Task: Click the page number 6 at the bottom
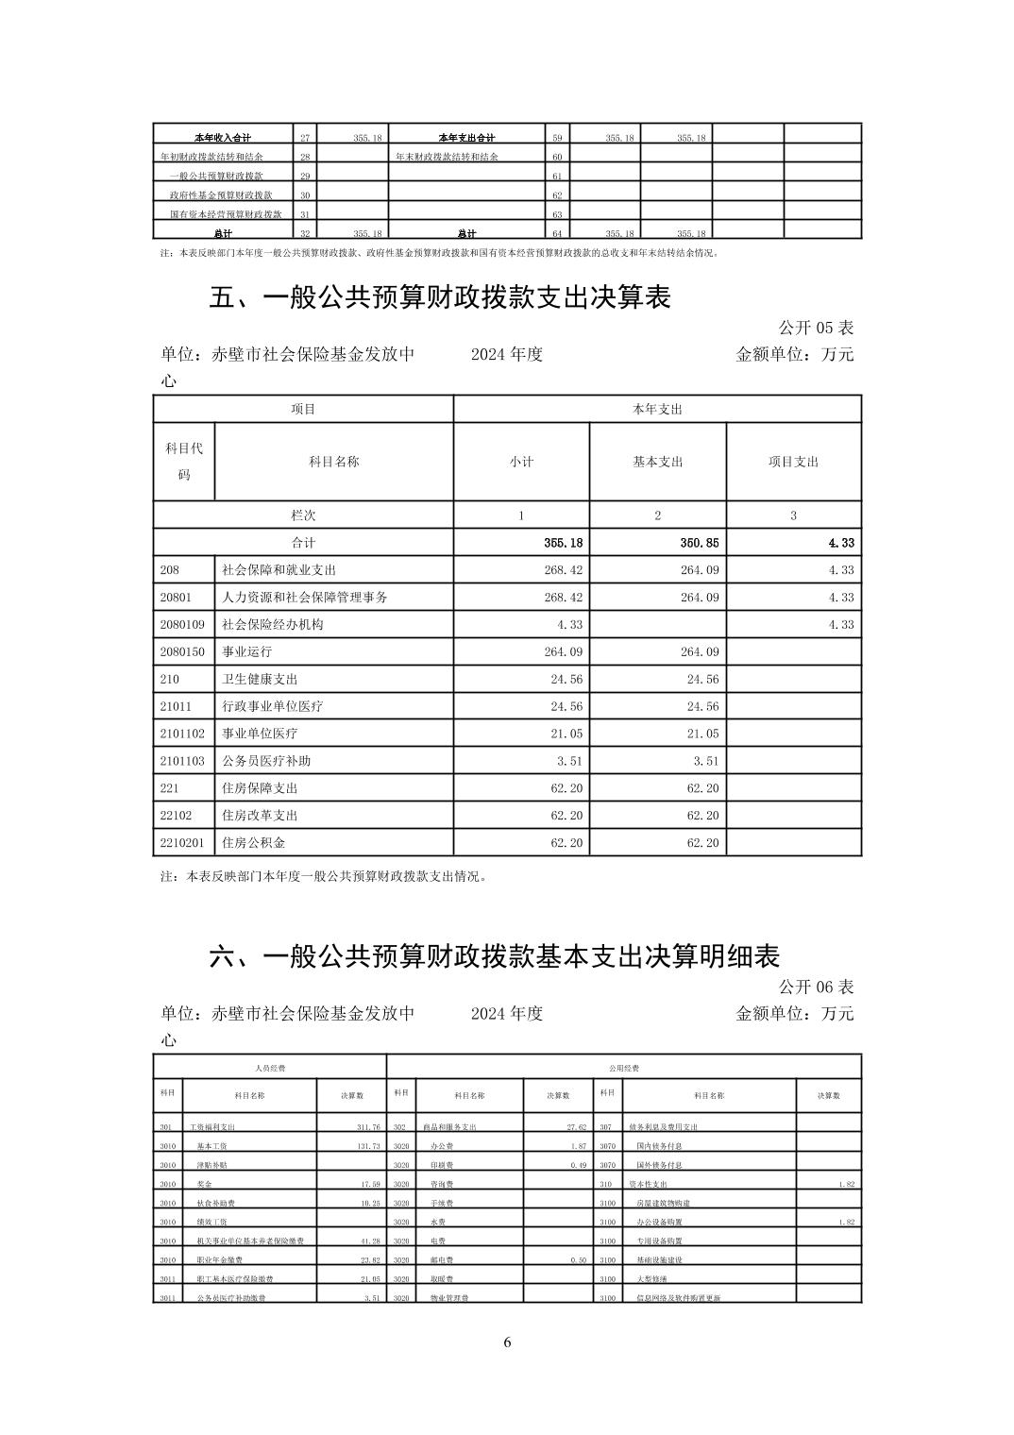507,1343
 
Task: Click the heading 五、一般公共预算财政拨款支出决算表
440,298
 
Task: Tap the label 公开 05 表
816,328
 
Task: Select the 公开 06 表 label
816,987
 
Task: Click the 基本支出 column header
657,462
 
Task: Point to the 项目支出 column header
793,462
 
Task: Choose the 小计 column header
521,462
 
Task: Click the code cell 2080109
182,625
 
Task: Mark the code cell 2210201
182,842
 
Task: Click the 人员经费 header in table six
270,1068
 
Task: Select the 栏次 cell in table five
303,515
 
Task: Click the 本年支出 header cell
657,409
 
